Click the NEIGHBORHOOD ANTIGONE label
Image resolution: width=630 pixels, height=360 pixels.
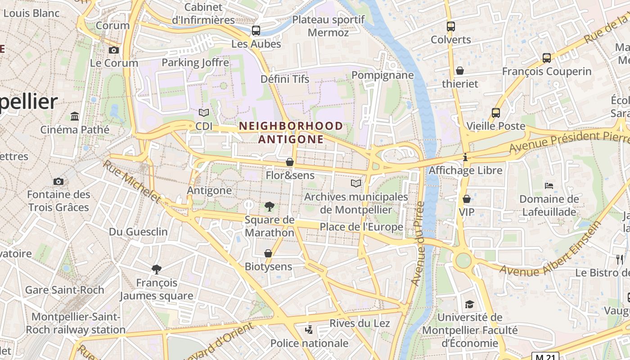pos(291,132)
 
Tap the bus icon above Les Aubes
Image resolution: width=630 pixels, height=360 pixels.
pos(256,31)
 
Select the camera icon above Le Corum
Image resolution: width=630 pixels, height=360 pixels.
pos(114,50)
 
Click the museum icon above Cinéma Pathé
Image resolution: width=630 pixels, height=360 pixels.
pos(75,117)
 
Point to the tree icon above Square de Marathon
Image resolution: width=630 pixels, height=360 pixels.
pos(269,207)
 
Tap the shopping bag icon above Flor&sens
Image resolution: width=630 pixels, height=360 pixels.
pos(290,162)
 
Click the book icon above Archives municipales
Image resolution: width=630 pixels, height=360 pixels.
pos(356,183)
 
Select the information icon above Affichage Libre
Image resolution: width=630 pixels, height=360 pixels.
pos(465,157)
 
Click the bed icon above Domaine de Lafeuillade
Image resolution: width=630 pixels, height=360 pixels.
pos(549,185)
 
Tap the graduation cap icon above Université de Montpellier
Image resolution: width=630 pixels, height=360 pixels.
pos(469,304)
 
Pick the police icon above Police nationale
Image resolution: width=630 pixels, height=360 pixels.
pos(309,330)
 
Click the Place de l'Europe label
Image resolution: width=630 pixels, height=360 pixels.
pos(361,227)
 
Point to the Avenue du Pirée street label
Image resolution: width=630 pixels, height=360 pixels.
pos(418,243)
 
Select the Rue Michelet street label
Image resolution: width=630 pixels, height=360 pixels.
pos(131,181)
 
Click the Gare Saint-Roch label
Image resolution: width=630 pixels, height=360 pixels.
pos(64,290)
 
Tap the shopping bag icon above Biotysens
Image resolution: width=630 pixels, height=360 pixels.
pos(268,253)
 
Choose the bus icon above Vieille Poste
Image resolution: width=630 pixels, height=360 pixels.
pos(496,113)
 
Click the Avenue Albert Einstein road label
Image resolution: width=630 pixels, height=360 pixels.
pos(551,250)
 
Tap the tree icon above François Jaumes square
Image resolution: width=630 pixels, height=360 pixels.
pos(156,270)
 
